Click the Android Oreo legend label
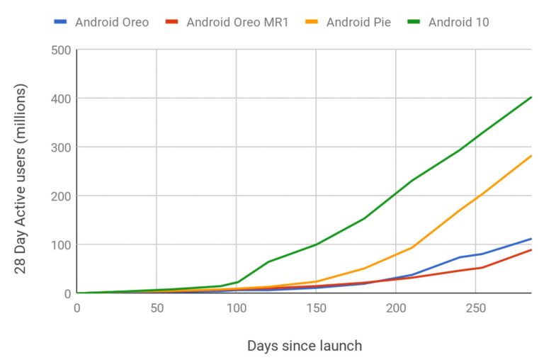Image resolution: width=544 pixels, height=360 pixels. coord(112,22)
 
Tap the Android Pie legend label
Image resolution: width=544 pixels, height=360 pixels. coord(358,22)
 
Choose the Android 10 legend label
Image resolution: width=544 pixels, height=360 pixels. coord(458,22)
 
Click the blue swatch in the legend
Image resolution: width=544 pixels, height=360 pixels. coord(61,22)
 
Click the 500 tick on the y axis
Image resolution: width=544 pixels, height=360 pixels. coord(60,50)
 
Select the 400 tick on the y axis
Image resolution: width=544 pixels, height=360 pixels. coord(60,99)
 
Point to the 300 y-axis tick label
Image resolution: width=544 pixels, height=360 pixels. coord(60,147)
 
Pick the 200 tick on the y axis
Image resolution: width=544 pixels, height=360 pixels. coord(60,196)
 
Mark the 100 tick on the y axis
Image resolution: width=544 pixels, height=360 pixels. coord(60,244)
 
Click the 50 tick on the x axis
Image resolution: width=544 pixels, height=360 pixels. coord(157,308)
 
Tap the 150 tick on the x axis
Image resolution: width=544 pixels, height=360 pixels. coord(316,308)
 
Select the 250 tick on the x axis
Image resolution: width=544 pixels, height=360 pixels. coord(475,308)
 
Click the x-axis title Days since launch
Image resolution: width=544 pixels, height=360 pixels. coord(305,346)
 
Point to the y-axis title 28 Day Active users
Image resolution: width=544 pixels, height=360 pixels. coord(21,171)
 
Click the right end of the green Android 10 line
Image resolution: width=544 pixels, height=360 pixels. coord(531,98)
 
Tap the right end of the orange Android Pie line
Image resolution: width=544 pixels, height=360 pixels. coord(531,156)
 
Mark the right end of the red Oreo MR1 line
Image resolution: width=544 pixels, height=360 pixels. coord(531,250)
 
